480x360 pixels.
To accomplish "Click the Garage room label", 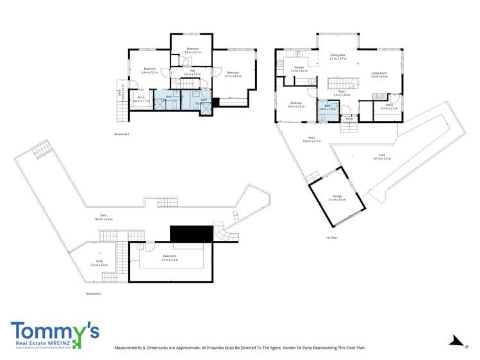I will point(337,197).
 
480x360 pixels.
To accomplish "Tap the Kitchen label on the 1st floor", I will point(299,69).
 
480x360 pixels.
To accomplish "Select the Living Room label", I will point(379,74).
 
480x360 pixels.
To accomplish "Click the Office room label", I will point(389,106).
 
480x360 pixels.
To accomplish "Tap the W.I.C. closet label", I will point(140,99).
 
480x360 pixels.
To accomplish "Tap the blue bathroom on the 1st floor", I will point(327,107).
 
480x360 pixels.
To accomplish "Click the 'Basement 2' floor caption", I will point(94,293).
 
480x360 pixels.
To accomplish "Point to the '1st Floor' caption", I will point(331,238).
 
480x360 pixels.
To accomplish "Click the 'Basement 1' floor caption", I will point(122,134).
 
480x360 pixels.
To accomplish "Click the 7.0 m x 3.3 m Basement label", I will point(169,258).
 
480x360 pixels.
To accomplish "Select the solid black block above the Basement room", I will point(190,233).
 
